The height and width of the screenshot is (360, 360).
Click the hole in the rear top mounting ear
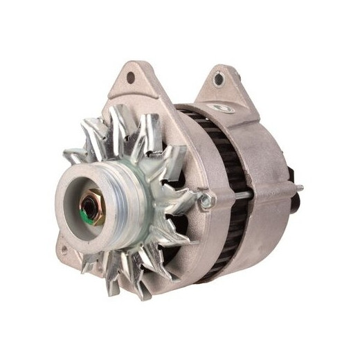click(x=219, y=80)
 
